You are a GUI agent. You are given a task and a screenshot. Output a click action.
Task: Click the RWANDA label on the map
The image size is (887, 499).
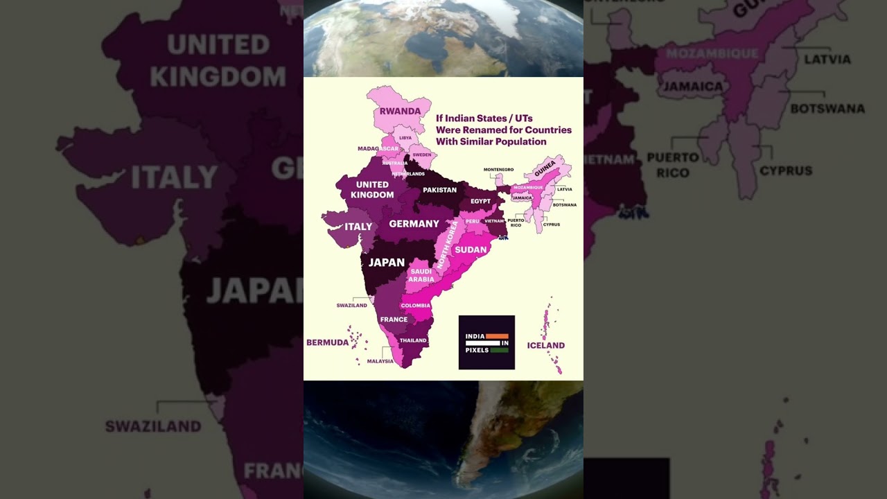click(x=400, y=111)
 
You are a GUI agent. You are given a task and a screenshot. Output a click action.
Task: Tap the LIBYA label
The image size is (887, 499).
click(x=405, y=138)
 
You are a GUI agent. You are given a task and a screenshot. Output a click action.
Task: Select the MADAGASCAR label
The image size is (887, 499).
click(x=378, y=148)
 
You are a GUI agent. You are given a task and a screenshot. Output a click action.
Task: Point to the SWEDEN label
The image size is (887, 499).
click(x=421, y=155)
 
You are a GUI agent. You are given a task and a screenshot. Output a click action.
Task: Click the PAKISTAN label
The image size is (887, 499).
click(x=440, y=190)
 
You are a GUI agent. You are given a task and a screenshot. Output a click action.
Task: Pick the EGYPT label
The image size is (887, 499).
click(x=480, y=201)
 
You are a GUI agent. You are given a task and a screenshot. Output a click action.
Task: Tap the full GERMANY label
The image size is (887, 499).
click(x=414, y=224)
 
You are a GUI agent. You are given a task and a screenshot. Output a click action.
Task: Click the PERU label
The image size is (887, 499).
click(x=473, y=221)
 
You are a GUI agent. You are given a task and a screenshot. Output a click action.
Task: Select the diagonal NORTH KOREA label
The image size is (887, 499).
click(x=448, y=245)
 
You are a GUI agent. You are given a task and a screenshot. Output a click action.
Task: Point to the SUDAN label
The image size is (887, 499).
click(x=471, y=249)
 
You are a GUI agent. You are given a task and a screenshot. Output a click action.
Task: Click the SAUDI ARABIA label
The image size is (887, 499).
click(x=421, y=275)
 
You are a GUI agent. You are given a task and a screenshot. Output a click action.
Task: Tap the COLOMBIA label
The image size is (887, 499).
click(x=416, y=306)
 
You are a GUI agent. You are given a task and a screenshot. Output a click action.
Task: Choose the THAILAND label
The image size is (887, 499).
click(x=413, y=340)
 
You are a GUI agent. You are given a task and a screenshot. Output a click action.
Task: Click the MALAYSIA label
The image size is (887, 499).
click(x=380, y=361)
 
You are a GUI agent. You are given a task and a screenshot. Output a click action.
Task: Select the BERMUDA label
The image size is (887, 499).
click(x=327, y=342)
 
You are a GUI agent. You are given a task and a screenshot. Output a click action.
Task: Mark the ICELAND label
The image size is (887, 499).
click(x=545, y=345)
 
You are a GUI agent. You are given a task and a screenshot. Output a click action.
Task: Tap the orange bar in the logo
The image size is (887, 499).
click(x=497, y=336)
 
